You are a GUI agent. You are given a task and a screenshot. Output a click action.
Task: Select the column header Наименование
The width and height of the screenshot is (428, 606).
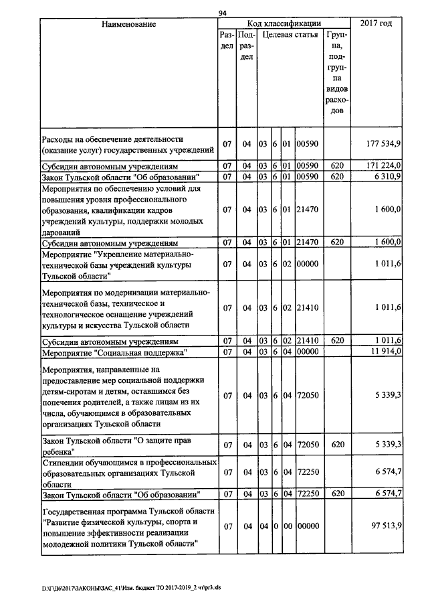pyautogui.click(x=129, y=24)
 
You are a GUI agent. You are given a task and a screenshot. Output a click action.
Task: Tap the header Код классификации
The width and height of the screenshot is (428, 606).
pyautogui.click(x=284, y=23)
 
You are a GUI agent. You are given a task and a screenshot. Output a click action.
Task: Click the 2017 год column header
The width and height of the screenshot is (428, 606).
pyautogui.click(x=376, y=24)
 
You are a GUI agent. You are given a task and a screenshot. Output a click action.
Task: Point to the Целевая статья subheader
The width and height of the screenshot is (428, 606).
pyautogui.click(x=290, y=33)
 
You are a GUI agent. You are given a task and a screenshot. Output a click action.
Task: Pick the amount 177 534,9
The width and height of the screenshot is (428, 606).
pyautogui.click(x=384, y=144)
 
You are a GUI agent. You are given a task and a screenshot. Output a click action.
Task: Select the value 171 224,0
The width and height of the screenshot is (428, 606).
pyautogui.click(x=384, y=165)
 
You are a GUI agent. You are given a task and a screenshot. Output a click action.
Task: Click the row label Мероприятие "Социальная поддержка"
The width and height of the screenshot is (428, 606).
pyautogui.click(x=114, y=352)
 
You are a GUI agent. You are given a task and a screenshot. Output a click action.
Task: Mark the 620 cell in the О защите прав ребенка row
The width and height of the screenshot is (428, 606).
pyautogui.click(x=336, y=445)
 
